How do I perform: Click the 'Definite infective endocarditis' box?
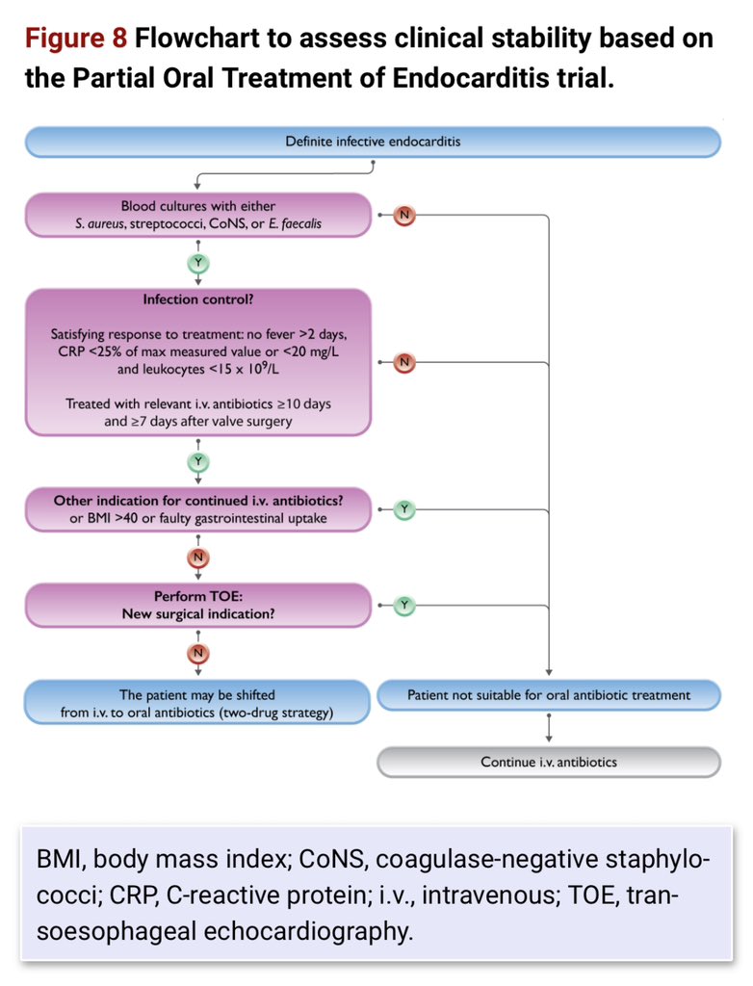tap(373, 142)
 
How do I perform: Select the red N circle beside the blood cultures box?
tap(403, 215)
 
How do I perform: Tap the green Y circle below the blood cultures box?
tap(198, 263)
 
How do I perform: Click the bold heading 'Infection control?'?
tap(198, 299)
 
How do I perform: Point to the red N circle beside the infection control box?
tap(403, 362)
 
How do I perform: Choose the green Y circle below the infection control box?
tap(198, 462)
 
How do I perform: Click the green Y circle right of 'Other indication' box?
tap(403, 509)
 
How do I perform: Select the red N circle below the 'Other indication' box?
tap(198, 558)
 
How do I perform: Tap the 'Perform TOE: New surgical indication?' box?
tap(198, 605)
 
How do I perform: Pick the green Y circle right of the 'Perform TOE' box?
tap(403, 606)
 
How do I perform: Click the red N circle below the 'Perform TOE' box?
tap(198, 654)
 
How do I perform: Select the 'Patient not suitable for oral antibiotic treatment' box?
tap(549, 695)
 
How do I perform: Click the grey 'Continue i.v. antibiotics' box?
tap(549, 763)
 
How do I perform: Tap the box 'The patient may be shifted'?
tap(196, 702)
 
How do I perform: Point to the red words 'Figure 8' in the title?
tap(75, 39)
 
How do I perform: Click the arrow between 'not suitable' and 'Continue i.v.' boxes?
tap(549, 728)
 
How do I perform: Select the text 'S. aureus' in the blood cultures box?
tap(99, 223)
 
